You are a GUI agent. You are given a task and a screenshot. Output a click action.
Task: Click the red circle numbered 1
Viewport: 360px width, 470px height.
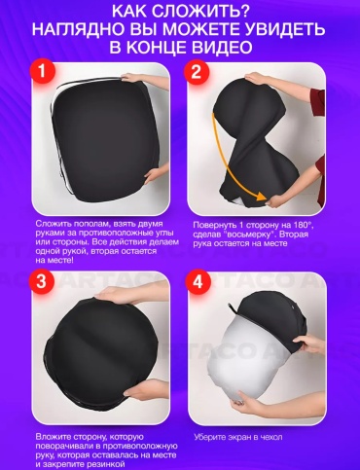[42, 72]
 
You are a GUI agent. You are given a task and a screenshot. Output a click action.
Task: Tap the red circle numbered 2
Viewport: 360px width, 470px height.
[197, 72]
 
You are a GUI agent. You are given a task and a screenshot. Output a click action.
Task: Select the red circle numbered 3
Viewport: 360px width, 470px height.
[41, 281]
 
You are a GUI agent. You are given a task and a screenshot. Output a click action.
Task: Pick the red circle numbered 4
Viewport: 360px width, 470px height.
[198, 281]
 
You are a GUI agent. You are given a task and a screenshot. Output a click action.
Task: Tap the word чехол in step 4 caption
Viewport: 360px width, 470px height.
[270, 437]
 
